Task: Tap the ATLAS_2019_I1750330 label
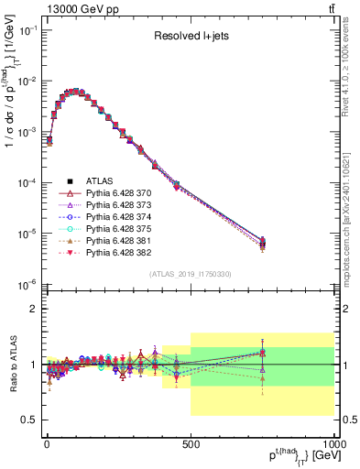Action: point(191,274)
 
